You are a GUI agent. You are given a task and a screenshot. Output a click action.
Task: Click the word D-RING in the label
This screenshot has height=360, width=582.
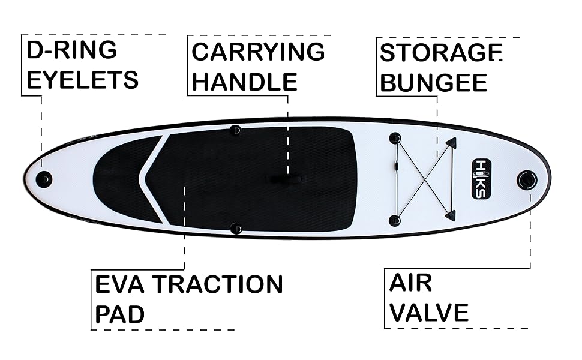[x=71, y=50]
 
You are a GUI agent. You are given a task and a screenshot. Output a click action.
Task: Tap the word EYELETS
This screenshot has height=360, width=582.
[x=82, y=80]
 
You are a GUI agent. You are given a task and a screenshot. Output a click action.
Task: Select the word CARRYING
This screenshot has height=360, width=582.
[x=258, y=52]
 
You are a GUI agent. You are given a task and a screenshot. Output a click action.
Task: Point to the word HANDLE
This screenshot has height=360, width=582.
[x=244, y=82]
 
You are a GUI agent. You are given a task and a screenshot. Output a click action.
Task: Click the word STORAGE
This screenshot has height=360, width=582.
[x=440, y=53]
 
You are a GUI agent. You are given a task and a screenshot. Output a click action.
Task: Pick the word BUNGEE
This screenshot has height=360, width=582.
[x=433, y=83]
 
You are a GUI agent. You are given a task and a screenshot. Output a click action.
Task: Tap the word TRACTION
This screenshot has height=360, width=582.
[x=217, y=284]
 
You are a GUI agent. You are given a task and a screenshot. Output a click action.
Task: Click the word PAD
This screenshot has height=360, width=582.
[x=119, y=314]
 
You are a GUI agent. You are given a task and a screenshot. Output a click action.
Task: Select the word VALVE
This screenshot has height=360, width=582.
[x=428, y=313]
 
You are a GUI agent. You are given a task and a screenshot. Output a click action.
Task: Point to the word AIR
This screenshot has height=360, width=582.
[x=410, y=283]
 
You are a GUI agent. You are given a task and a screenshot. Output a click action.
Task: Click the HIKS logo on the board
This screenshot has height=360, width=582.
[x=482, y=178]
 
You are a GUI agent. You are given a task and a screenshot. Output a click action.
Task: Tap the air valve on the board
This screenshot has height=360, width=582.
[x=527, y=179]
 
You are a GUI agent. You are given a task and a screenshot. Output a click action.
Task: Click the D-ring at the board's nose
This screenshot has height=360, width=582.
[x=44, y=178]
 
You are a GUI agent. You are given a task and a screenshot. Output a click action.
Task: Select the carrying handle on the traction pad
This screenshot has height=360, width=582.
[x=287, y=178]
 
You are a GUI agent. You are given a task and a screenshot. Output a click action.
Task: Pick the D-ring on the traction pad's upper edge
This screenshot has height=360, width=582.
[x=235, y=130]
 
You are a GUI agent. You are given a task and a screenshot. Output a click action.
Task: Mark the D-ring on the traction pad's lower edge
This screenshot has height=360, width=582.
[x=236, y=228]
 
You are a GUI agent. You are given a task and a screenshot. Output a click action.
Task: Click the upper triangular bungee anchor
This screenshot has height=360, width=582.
[x=451, y=143]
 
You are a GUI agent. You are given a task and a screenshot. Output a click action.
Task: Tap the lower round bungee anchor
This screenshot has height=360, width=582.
[x=394, y=220]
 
